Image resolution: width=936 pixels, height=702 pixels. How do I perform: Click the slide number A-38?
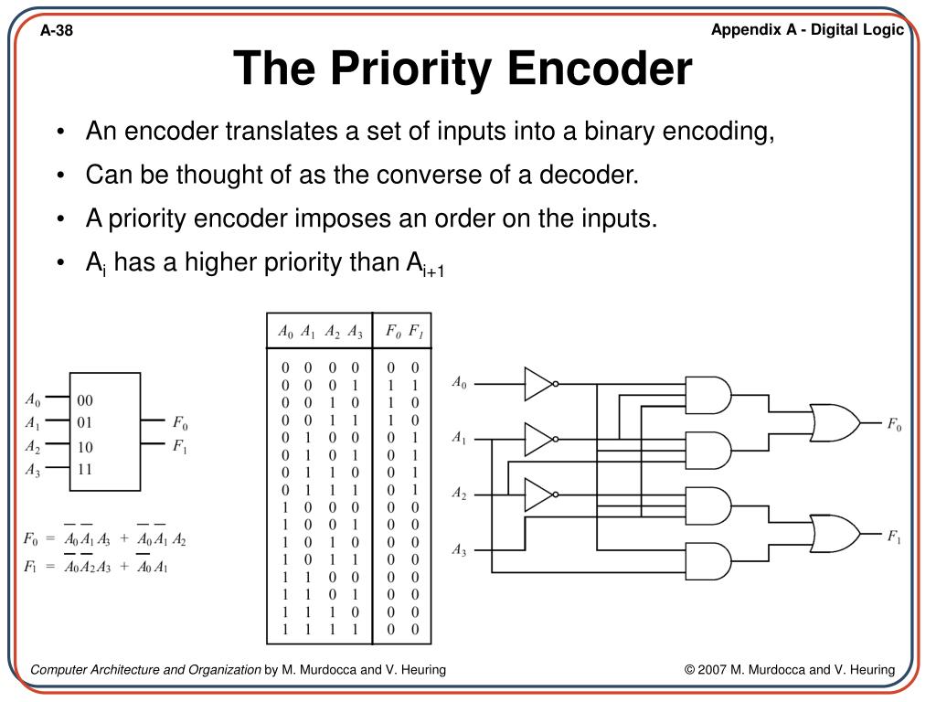(57, 32)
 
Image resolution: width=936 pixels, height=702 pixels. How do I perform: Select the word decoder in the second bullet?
(593, 175)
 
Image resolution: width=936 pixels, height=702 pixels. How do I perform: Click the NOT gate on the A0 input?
(539, 384)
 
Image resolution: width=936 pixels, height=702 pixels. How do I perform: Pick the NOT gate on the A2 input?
(539, 495)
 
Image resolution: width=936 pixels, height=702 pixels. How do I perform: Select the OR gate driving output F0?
(834, 422)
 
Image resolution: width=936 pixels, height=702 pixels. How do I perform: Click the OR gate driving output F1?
(834, 534)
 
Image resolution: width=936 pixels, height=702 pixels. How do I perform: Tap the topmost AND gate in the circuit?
(707, 396)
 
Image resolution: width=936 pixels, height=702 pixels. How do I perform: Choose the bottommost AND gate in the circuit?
(707, 562)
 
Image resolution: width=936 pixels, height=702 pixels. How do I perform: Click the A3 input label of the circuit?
(459, 550)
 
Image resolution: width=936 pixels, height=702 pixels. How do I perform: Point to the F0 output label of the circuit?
(893, 425)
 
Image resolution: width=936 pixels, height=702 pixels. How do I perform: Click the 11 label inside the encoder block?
(85, 469)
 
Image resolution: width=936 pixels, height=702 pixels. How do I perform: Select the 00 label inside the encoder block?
(85, 400)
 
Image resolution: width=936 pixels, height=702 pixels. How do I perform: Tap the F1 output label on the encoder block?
(180, 446)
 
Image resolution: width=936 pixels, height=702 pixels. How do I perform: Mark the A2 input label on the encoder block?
(33, 447)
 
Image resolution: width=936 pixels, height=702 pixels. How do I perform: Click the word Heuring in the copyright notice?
(869, 670)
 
